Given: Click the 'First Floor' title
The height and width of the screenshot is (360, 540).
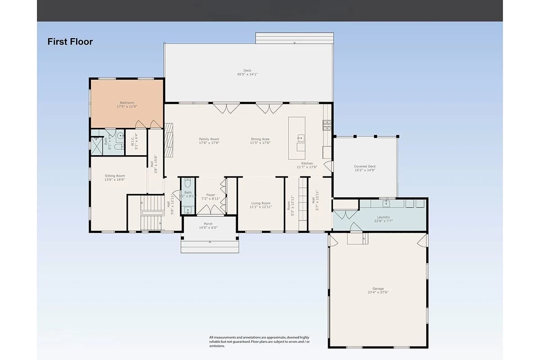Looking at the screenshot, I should (x=70, y=42).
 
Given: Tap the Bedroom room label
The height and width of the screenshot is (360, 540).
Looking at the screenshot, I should (x=127, y=105).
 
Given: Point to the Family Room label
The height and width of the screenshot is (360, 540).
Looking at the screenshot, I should (x=209, y=141).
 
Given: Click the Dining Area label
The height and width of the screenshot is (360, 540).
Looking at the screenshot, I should (x=260, y=141).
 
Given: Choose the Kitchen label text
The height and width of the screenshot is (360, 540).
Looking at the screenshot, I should (x=307, y=165).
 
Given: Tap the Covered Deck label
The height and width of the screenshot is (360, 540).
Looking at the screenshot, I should (x=364, y=168).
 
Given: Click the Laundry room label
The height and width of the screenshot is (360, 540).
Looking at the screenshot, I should (x=383, y=219).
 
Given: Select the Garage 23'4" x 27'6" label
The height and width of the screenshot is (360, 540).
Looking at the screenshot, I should (x=378, y=290).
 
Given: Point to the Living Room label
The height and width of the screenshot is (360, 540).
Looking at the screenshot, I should (x=261, y=205).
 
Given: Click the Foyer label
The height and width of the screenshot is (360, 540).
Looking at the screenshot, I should (x=211, y=197).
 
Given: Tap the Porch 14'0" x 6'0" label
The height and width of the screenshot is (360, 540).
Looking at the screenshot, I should (x=208, y=225).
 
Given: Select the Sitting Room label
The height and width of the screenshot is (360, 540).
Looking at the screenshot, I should (x=115, y=178).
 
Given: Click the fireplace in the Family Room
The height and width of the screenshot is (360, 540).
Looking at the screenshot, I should (x=169, y=140).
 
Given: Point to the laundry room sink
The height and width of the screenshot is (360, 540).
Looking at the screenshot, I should (x=386, y=204).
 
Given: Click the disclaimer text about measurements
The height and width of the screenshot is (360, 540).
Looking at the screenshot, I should (x=259, y=342).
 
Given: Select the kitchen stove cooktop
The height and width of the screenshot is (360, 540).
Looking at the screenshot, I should (x=327, y=125).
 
